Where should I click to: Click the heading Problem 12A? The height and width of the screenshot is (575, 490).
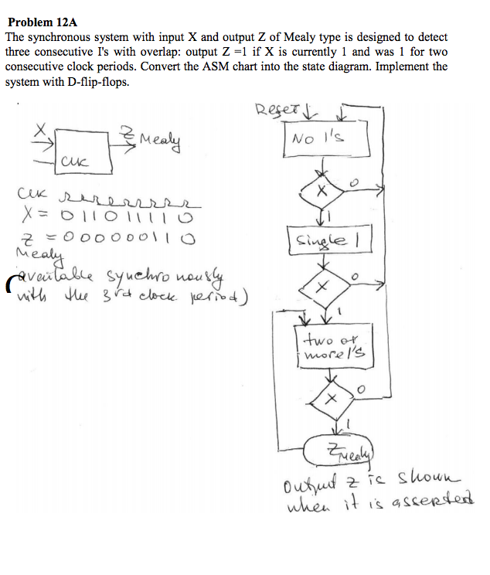click(x=38, y=23)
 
